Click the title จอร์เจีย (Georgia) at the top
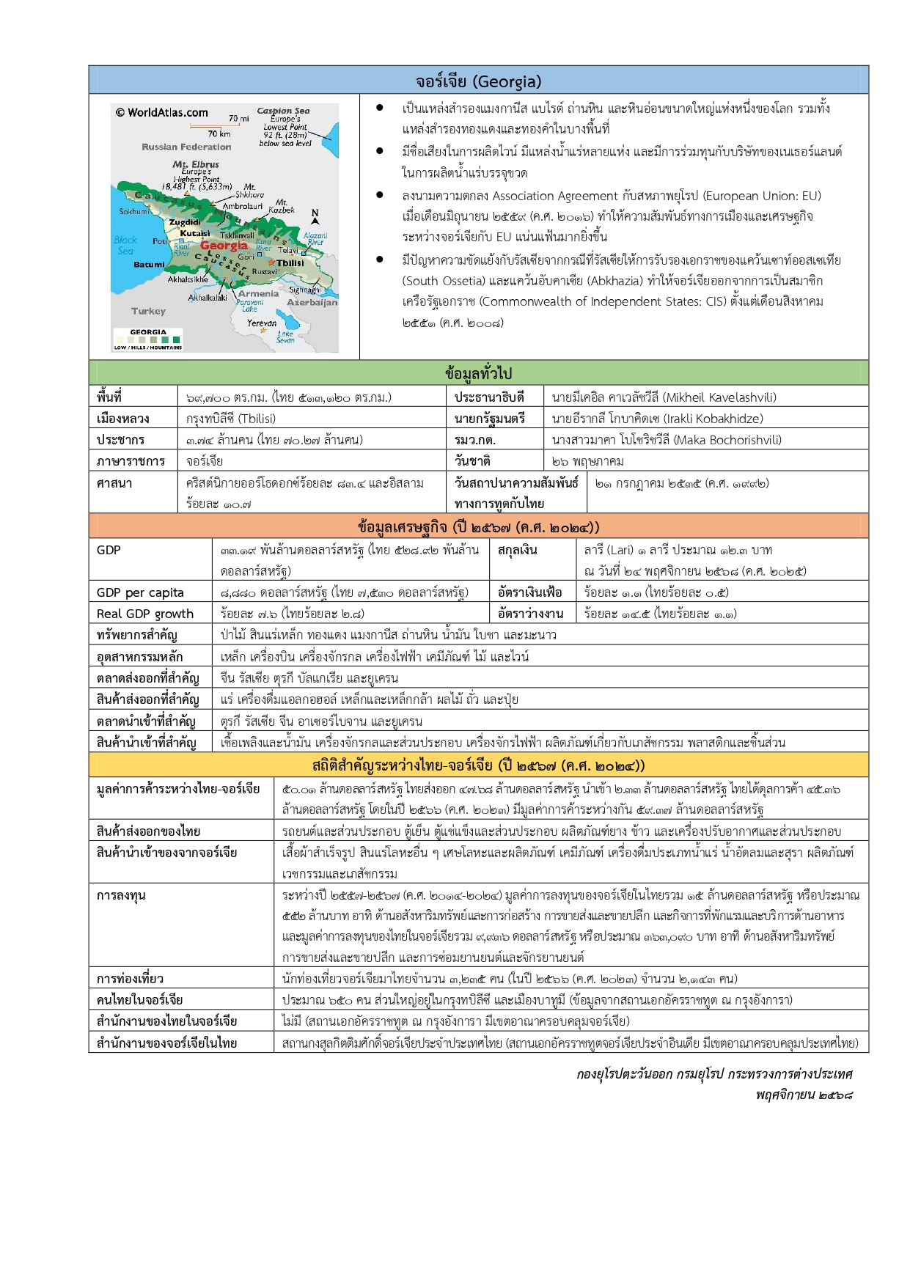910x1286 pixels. point(478,81)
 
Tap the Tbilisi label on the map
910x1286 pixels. point(290,262)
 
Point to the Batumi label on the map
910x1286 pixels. point(150,264)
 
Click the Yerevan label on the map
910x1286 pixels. point(262,323)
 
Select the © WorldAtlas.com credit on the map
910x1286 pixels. point(161,112)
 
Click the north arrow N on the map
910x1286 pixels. point(315,214)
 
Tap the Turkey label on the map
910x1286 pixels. point(148,311)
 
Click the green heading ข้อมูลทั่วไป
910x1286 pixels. point(478,373)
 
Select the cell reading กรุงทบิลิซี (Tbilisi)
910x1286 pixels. point(231,419)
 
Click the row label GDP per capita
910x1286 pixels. point(140,592)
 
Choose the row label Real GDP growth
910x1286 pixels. point(145,614)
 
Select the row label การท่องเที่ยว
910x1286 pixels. point(130,979)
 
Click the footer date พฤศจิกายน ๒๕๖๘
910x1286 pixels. point(804,1095)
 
